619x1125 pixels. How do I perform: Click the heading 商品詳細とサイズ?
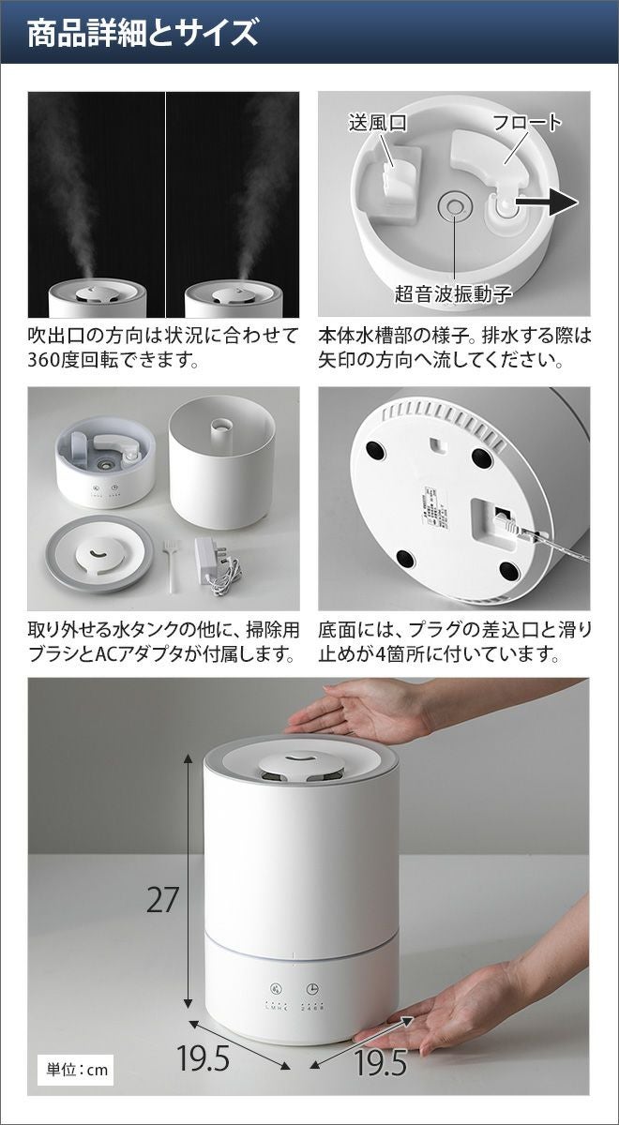click(x=143, y=33)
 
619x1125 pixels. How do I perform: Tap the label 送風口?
click(x=377, y=123)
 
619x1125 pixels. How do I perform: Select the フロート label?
click(x=526, y=123)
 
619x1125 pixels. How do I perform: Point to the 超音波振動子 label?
click(x=453, y=293)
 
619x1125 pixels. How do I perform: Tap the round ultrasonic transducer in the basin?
click(x=455, y=205)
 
